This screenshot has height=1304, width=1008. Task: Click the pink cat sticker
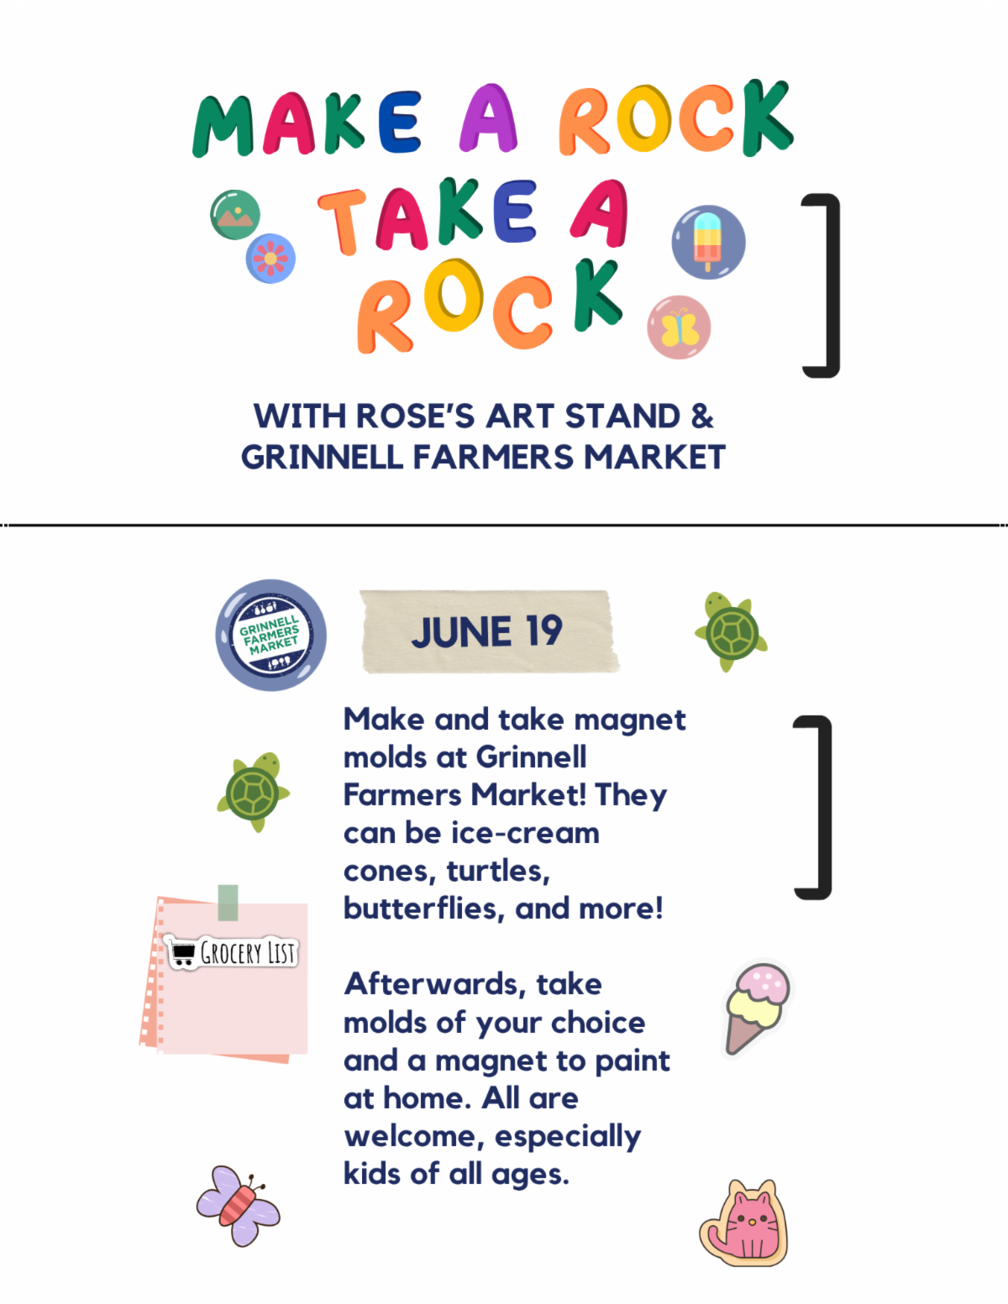744,1224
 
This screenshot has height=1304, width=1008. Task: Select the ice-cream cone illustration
758,1008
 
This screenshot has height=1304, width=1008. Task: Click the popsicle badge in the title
708,243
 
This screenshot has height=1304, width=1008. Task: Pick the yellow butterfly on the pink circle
679,327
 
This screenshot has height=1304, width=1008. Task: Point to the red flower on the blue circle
270,259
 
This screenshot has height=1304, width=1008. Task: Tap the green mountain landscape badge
235,215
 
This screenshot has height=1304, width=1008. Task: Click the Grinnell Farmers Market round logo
270,635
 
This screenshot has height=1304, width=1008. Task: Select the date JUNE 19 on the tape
487,631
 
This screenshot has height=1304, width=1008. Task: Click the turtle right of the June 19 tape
732,632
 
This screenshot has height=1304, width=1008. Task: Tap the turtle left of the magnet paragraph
254,792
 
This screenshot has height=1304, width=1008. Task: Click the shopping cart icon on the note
182,953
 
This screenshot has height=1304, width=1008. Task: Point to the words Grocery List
247,952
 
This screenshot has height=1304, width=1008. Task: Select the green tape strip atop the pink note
228,903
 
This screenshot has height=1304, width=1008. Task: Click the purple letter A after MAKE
489,118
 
